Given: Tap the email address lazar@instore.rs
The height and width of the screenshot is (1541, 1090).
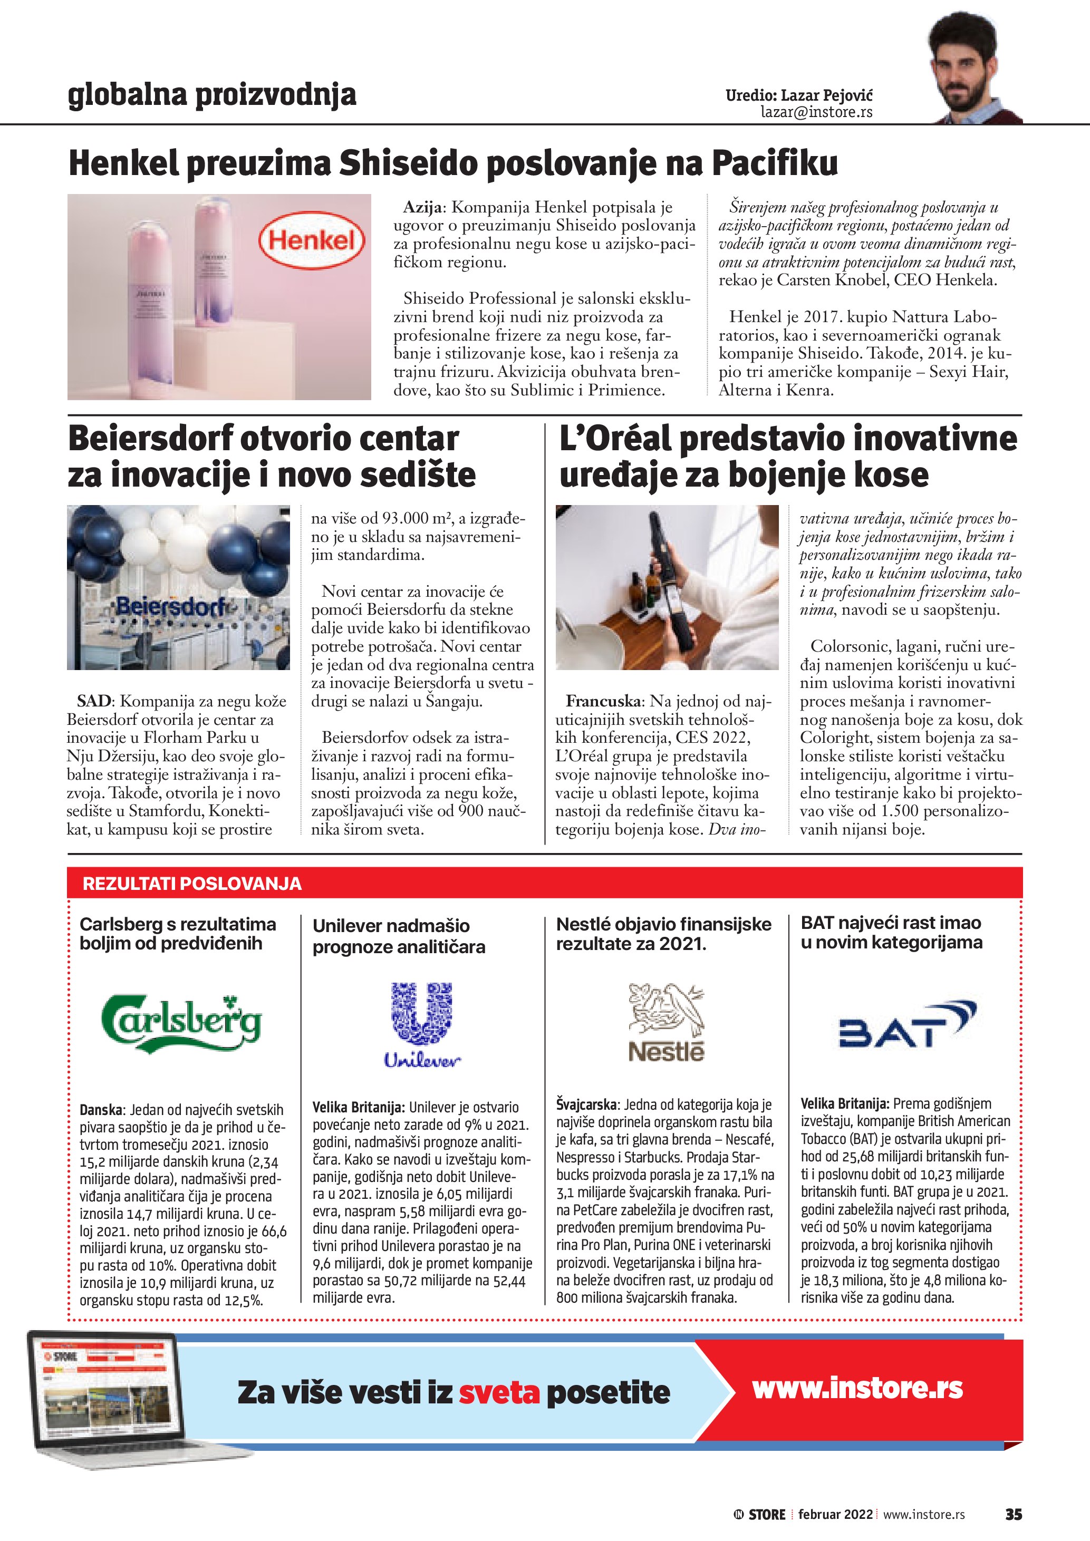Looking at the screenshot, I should click(x=816, y=112).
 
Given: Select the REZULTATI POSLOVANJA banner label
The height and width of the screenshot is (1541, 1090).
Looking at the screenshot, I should click(x=192, y=883).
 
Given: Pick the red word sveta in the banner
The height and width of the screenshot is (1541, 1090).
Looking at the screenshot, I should click(x=499, y=1393).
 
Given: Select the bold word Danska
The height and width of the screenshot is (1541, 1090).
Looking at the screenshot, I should click(x=101, y=1110).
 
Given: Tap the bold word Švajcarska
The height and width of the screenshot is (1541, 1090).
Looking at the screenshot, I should click(x=586, y=1104).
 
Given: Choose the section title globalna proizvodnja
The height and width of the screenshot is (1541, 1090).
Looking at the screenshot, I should click(x=212, y=95).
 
